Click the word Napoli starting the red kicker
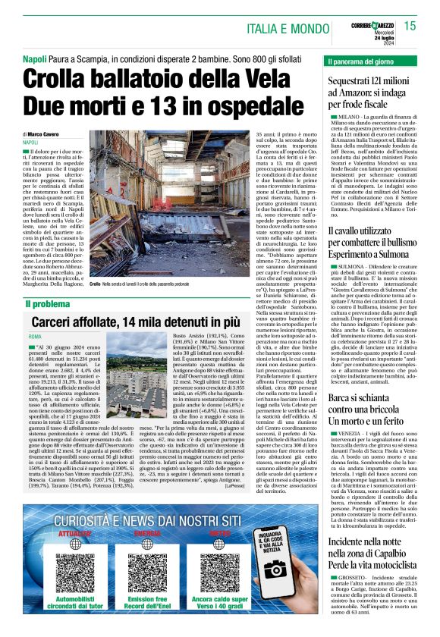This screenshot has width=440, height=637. tap(34, 59)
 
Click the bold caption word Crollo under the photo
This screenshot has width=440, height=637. tap(95, 282)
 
